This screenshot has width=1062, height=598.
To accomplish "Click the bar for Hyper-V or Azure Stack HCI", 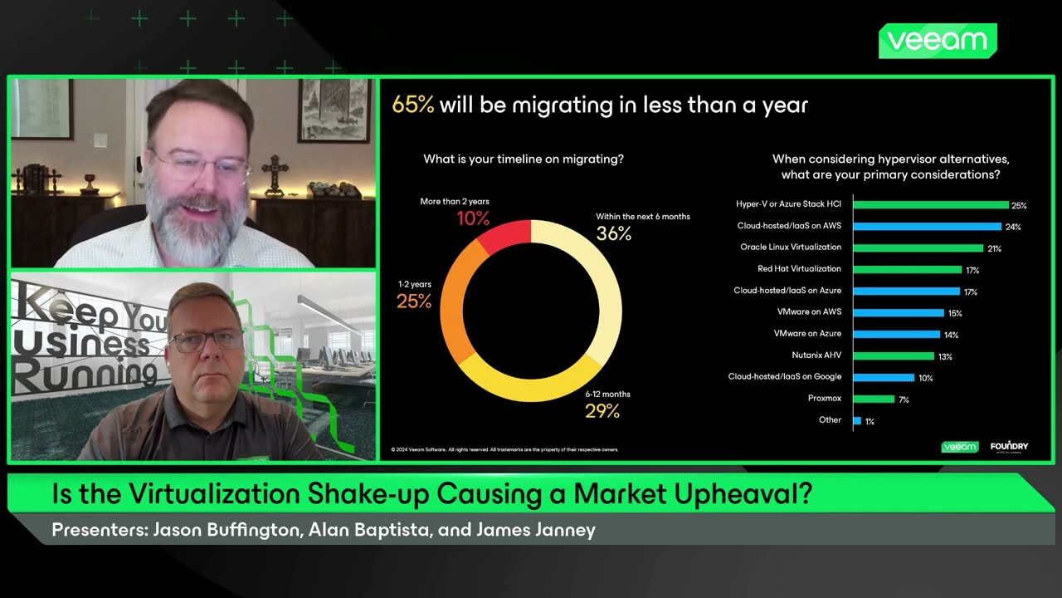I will (x=930, y=204).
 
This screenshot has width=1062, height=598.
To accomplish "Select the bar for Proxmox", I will (x=874, y=399).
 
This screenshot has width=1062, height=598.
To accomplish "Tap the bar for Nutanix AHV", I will (x=894, y=355).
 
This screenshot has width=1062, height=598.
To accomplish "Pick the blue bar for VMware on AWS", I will (x=899, y=312).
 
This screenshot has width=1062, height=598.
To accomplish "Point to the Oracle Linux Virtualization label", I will (x=791, y=248).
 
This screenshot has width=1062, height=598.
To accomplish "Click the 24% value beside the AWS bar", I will (x=1013, y=227).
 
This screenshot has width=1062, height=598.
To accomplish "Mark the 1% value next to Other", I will (x=870, y=421).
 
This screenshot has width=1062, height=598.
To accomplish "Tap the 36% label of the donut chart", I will (x=614, y=234).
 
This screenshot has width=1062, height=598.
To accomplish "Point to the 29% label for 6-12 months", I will (x=602, y=410).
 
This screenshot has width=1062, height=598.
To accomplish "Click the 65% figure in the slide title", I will (x=413, y=106).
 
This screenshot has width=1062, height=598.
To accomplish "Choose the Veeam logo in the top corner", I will (x=938, y=41).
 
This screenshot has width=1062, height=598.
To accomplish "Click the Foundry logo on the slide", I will (x=1009, y=447).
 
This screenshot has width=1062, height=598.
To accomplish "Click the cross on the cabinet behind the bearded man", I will (x=274, y=171).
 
